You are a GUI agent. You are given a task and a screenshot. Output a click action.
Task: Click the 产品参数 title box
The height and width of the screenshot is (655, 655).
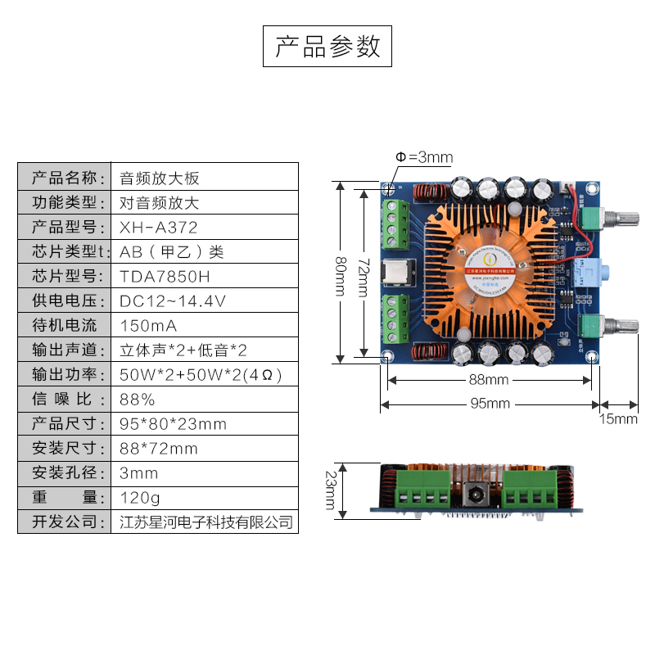(327, 47)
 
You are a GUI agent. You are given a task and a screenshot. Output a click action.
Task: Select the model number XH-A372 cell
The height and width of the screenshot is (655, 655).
(159, 227)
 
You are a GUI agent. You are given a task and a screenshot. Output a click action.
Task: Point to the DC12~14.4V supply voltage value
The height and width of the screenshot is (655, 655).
(172, 300)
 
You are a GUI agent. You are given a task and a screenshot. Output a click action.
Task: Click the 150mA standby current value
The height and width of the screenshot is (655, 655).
(148, 325)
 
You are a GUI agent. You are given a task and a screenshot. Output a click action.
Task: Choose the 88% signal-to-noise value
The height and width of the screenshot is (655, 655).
(138, 399)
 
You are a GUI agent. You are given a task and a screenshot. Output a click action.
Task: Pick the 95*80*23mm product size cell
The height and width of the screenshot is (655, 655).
(173, 423)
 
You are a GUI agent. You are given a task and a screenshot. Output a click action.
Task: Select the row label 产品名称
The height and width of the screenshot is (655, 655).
(65, 178)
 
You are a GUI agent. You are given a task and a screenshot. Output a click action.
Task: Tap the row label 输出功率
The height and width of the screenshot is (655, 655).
(65, 374)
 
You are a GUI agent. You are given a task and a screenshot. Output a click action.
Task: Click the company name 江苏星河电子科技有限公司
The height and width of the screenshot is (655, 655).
(206, 522)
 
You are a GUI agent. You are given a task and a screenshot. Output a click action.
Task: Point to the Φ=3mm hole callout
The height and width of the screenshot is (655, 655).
(424, 157)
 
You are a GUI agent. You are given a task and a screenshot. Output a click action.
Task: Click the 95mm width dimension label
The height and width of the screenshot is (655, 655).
(490, 404)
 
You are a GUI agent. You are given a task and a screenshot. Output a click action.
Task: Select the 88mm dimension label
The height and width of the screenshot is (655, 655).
(490, 380)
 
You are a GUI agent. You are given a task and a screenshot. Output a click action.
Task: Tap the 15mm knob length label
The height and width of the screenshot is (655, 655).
(618, 418)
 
